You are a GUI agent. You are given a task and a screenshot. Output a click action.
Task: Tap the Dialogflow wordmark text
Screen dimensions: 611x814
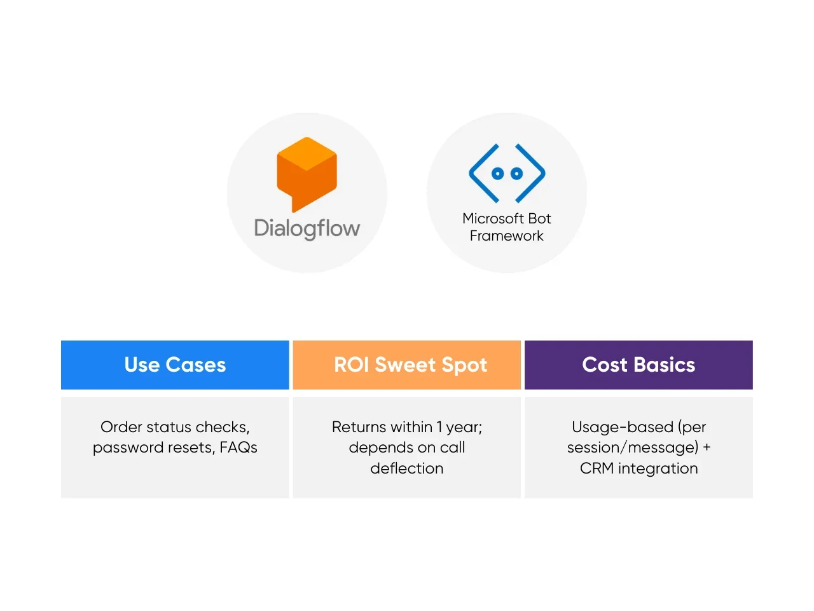click(x=307, y=228)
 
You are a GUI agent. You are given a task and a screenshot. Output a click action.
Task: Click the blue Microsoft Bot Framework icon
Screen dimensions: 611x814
click(x=507, y=173)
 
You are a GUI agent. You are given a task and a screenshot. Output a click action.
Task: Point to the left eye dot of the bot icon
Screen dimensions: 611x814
click(x=498, y=173)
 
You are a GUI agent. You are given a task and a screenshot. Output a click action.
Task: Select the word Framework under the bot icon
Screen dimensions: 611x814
click(x=507, y=236)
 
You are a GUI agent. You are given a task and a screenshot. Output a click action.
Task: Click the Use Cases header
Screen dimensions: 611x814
click(x=175, y=365)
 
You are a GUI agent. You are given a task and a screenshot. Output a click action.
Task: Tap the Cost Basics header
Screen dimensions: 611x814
click(x=638, y=365)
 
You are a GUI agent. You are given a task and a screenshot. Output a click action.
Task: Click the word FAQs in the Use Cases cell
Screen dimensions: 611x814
click(x=238, y=447)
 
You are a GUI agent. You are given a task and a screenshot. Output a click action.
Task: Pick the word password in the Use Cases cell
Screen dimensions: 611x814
click(x=122, y=448)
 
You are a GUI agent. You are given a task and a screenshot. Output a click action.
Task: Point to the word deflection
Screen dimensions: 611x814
click(x=407, y=468)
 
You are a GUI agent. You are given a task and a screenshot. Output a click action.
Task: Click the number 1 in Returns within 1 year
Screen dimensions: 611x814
click(x=439, y=427)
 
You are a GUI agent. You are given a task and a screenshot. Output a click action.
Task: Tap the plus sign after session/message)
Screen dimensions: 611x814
click(x=707, y=447)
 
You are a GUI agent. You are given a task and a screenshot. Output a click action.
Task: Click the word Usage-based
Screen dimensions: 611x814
click(x=623, y=427)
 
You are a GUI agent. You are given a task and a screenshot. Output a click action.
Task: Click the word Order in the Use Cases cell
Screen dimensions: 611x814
click(x=121, y=427)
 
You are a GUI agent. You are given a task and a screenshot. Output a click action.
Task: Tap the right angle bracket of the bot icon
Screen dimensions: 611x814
click(x=532, y=173)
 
